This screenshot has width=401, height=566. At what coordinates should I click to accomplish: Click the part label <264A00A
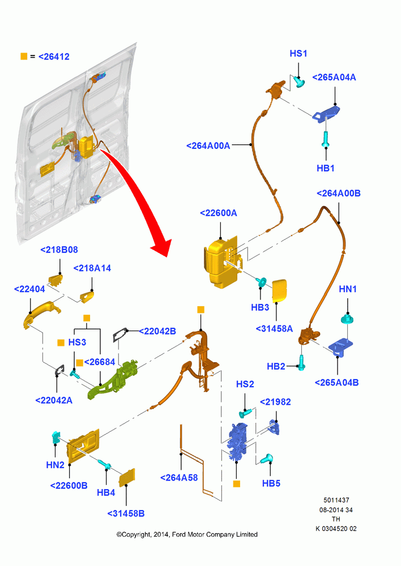(208, 145)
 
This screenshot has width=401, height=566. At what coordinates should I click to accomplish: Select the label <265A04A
(334, 77)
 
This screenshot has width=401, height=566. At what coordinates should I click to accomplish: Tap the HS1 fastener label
(298, 53)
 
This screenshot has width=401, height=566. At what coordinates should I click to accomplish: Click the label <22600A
(219, 213)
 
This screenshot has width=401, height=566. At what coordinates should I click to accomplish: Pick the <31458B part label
(126, 513)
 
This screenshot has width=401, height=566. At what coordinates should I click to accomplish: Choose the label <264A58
(179, 478)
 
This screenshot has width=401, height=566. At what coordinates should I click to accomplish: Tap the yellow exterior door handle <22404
(40, 312)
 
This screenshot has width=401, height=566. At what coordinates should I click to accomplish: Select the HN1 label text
(348, 289)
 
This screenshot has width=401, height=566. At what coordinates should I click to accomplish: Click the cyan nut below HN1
(347, 319)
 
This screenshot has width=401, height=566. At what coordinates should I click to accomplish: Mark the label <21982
(275, 402)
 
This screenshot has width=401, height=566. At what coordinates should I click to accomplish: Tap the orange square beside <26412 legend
(24, 56)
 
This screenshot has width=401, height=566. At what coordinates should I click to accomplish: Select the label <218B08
(59, 250)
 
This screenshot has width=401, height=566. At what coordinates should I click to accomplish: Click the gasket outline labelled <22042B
(120, 335)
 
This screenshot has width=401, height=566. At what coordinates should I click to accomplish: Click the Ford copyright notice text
(187, 534)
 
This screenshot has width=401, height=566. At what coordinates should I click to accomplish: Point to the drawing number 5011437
(336, 500)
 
